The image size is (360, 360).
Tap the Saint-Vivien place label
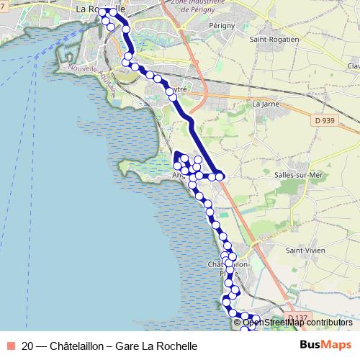point(305,250)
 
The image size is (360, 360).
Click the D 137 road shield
point(295,318)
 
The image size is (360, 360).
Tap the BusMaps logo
point(325,346)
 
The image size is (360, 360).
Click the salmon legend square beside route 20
point(10,346)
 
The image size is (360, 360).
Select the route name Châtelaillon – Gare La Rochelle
point(124,346)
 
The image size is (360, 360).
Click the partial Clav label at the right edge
point(353,66)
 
